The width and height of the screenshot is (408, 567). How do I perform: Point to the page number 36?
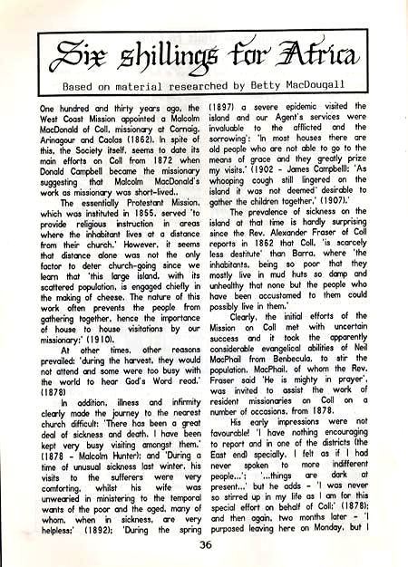[x=204, y=543]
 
